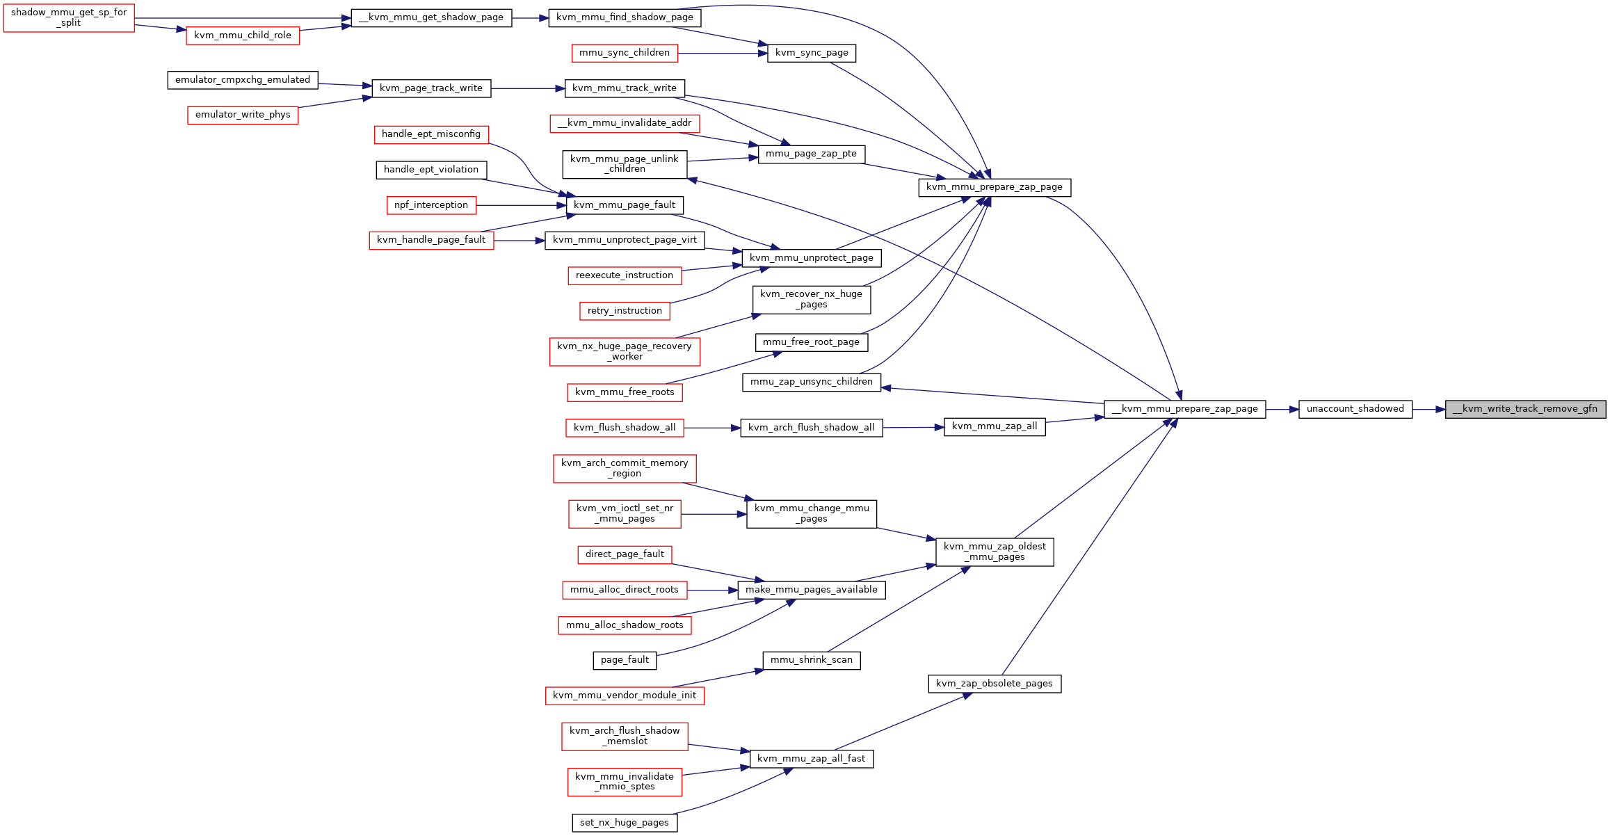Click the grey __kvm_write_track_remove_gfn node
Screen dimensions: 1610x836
1525,409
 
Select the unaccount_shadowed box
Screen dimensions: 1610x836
1355,409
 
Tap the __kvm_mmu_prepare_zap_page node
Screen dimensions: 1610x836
1184,409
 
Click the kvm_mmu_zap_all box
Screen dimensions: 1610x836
995,426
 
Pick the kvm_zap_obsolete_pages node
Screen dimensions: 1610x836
995,684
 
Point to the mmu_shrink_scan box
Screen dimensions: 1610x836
812,660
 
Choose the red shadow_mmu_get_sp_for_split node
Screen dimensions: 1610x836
69,18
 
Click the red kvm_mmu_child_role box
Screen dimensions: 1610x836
243,35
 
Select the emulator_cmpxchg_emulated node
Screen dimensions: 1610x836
243,80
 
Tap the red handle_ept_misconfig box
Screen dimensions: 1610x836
431,134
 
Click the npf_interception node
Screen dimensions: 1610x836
431,205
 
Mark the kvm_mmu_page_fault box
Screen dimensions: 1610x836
625,205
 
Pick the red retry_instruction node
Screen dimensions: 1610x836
625,311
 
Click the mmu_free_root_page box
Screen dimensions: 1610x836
812,342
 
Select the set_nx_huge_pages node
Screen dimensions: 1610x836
625,823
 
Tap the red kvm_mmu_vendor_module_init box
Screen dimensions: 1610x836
625,696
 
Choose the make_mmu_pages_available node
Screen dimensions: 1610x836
812,590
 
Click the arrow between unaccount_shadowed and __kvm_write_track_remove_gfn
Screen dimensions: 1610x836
1428,409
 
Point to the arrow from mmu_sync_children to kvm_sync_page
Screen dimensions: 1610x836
723,53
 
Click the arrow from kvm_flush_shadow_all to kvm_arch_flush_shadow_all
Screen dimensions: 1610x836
712,428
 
